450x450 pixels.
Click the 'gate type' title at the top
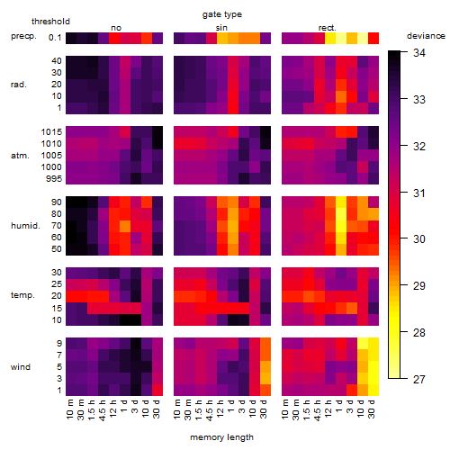222,14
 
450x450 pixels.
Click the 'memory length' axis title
221,437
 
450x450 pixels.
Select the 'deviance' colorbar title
426,36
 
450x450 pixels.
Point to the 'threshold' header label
50,22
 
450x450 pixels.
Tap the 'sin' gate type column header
221,28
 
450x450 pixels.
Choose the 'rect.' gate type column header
328,28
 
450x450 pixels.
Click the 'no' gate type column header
116,28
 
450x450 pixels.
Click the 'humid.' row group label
25,226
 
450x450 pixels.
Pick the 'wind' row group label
21,367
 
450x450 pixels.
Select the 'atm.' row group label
20,156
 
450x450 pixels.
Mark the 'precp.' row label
23,36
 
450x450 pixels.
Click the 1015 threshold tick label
51,132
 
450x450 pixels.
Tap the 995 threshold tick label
54,179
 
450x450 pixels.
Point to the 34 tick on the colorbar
419,53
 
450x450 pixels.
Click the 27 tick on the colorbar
419,380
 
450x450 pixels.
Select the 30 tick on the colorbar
419,239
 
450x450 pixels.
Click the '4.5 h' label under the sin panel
210,409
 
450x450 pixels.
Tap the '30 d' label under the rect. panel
372,409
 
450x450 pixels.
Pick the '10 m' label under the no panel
69,409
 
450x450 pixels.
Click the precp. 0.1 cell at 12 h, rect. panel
330,38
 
